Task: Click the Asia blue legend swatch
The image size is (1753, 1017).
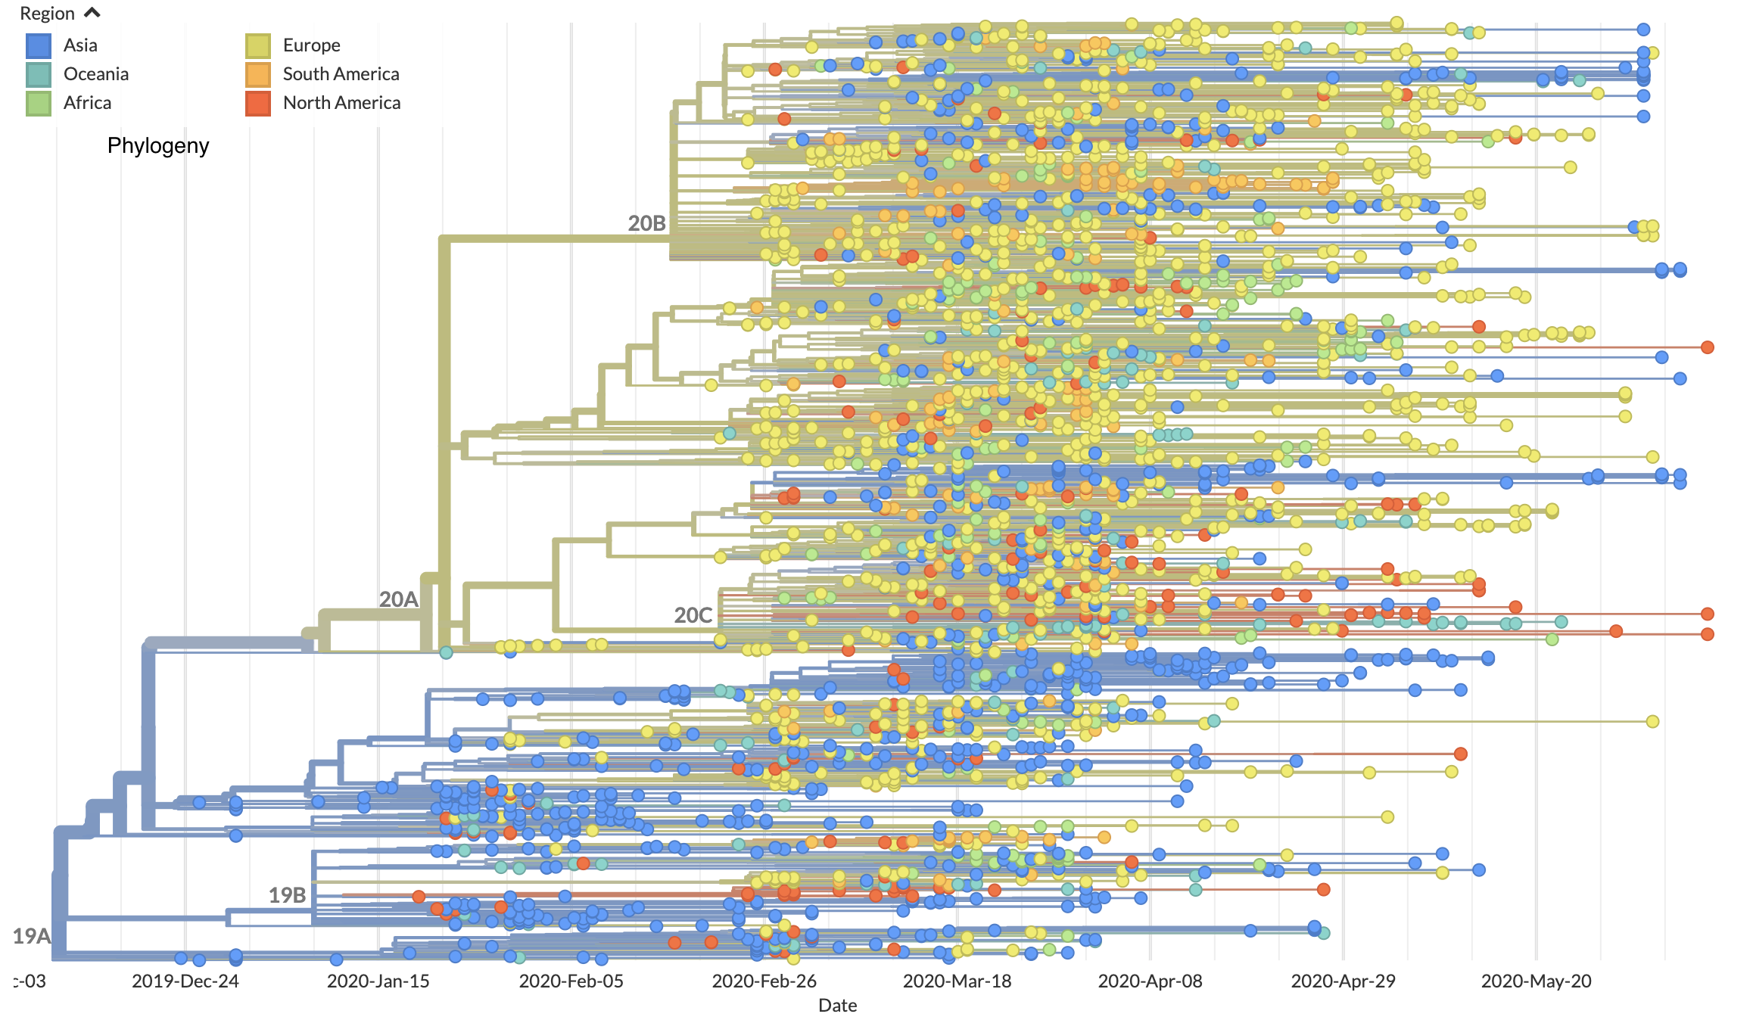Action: click(x=39, y=46)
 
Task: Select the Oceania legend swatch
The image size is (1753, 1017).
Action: click(x=39, y=75)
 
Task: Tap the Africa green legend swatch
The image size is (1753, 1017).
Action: click(x=39, y=103)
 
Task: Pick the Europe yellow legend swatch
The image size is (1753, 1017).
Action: click(x=258, y=46)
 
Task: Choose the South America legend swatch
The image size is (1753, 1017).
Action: click(x=258, y=75)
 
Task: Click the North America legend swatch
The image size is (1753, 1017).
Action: click(x=258, y=103)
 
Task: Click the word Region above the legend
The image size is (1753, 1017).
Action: click(x=47, y=14)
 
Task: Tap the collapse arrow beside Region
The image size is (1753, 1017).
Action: click(x=92, y=13)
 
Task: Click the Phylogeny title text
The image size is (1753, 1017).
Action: click(x=158, y=145)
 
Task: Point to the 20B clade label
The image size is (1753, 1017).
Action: click(x=647, y=223)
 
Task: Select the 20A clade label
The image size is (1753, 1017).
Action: click(x=399, y=599)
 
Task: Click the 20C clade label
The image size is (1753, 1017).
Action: click(x=693, y=615)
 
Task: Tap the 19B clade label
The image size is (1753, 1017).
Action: click(x=288, y=895)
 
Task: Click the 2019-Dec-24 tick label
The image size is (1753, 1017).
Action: click(x=185, y=981)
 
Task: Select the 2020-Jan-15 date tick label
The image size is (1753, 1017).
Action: click(x=378, y=981)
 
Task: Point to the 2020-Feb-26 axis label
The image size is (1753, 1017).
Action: click(x=764, y=981)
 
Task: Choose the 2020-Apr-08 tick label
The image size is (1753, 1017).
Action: click(x=1151, y=981)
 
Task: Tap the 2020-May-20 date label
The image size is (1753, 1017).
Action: click(x=1537, y=981)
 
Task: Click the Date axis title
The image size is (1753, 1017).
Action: click(x=838, y=1005)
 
